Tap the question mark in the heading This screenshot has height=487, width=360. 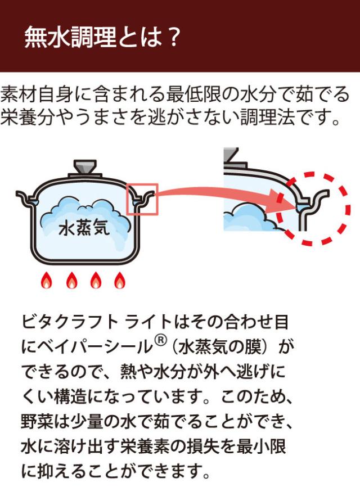173,38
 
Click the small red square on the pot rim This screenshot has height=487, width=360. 142,199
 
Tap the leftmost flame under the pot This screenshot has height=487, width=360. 47,279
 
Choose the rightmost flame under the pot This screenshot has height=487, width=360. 119,279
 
